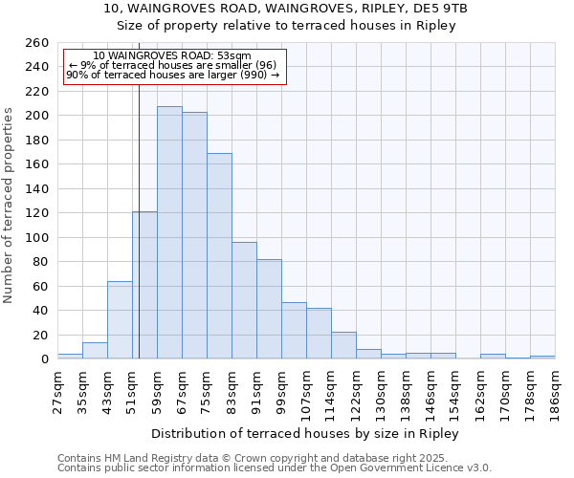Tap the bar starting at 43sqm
coord(120,320)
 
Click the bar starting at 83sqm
coord(244,300)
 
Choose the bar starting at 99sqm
coord(294,331)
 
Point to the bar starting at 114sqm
coord(343,345)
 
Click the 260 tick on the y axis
coord(37,43)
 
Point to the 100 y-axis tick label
coord(37,237)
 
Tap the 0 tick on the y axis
coord(44,359)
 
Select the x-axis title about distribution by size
coord(306,434)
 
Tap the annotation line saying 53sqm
coord(172,56)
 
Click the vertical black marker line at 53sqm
coord(139,239)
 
